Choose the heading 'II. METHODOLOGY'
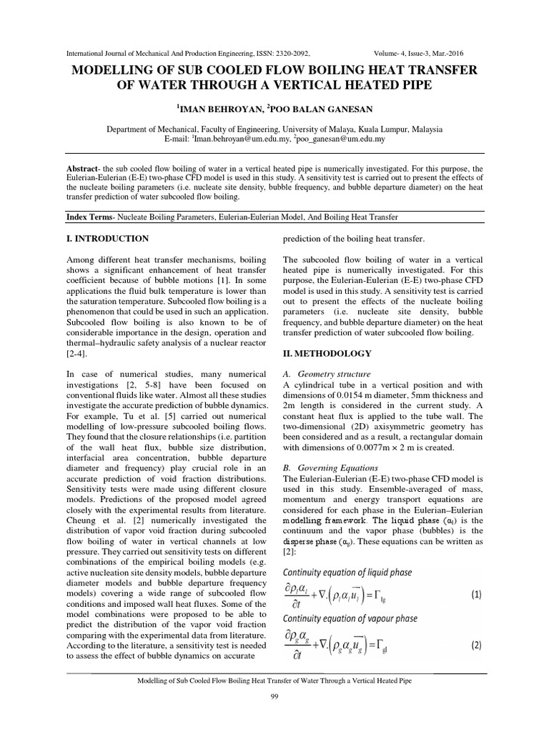tap(327, 353)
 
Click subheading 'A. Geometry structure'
tap(327, 374)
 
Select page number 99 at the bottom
tap(274, 697)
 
